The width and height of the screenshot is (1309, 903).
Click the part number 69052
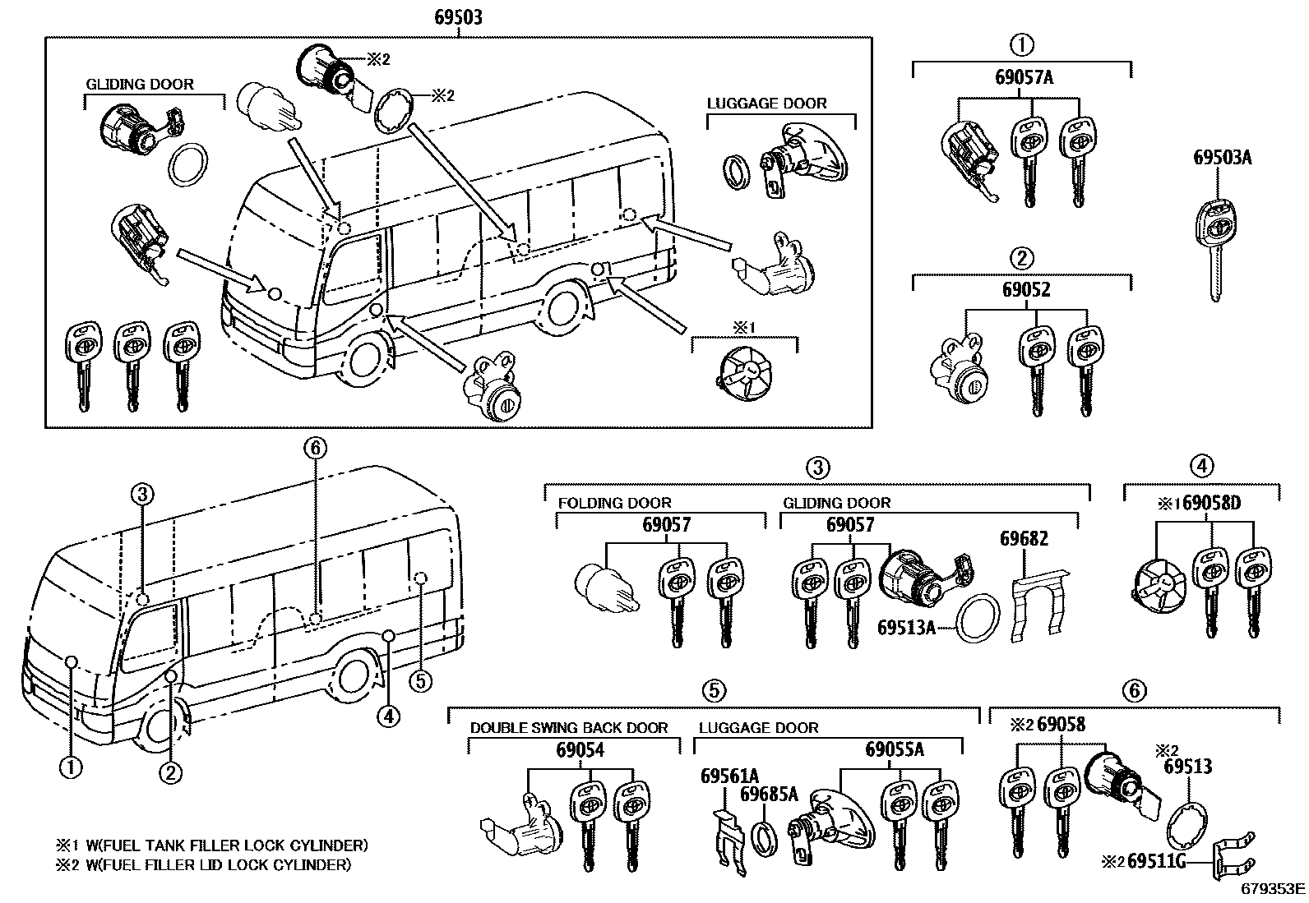click(1025, 289)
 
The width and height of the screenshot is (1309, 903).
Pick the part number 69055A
click(894, 749)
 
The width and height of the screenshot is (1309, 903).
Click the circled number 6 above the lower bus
click(316, 448)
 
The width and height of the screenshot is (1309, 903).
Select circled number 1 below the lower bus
click(71, 767)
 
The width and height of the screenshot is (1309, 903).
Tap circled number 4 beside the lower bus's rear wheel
click(388, 717)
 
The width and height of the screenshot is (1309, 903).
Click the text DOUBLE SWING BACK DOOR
click(569, 728)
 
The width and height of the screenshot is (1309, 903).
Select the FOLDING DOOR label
click(614, 503)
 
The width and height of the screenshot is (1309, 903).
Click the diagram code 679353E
click(1273, 888)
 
